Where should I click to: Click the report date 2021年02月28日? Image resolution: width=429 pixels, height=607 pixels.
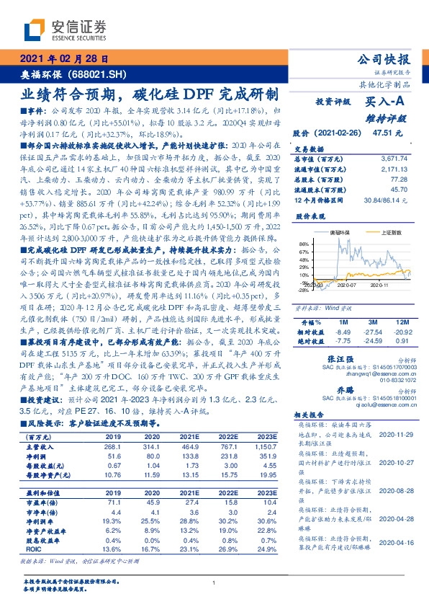pos(64,59)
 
